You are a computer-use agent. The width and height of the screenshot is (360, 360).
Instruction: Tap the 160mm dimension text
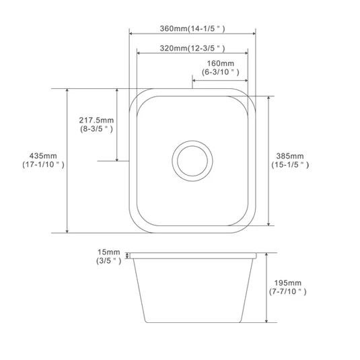pos(221,63)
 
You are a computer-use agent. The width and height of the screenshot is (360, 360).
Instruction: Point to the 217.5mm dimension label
pos(96,120)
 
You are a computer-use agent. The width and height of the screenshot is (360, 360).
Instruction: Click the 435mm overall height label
pos(43,156)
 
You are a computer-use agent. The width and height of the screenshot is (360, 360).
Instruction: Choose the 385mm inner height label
pos(290,156)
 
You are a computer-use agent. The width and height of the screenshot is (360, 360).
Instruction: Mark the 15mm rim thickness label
pos(109,252)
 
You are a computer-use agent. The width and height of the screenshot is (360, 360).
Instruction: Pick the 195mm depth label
pos(288,283)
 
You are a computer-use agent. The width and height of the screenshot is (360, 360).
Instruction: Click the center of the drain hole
pos(192,161)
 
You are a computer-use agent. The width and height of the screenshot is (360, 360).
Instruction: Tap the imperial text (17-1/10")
pos(43,165)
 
